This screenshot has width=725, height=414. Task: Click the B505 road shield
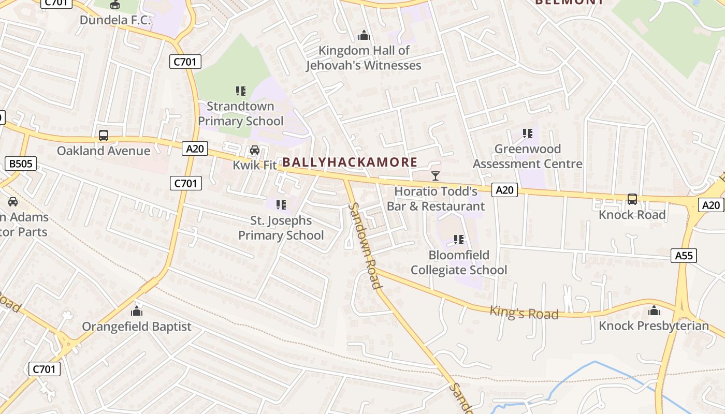(21, 164)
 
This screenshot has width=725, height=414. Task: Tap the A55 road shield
(684, 255)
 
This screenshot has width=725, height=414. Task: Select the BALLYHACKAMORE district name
(350, 162)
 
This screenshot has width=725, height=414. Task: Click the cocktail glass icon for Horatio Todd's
(436, 176)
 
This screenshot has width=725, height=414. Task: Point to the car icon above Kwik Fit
(254, 150)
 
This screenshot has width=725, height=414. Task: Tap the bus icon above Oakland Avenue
(104, 136)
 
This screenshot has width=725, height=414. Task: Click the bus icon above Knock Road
(632, 199)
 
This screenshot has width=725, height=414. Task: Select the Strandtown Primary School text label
(241, 114)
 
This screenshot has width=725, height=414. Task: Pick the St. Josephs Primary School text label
(281, 228)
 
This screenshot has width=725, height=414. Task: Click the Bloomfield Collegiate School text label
(459, 262)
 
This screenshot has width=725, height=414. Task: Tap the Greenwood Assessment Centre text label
(527, 156)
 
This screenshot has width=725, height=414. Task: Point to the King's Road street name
(524, 313)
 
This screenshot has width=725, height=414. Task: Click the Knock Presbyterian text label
(654, 326)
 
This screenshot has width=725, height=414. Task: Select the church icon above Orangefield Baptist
(137, 311)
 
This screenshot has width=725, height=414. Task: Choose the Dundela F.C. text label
(115, 20)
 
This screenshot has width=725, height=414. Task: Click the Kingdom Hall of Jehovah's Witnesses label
(364, 58)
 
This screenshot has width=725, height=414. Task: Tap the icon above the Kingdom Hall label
(364, 36)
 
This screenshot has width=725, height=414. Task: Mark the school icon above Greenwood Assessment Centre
(528, 134)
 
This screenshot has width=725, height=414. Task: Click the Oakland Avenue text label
(104, 151)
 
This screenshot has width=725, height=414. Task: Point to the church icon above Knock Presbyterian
(654, 310)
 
